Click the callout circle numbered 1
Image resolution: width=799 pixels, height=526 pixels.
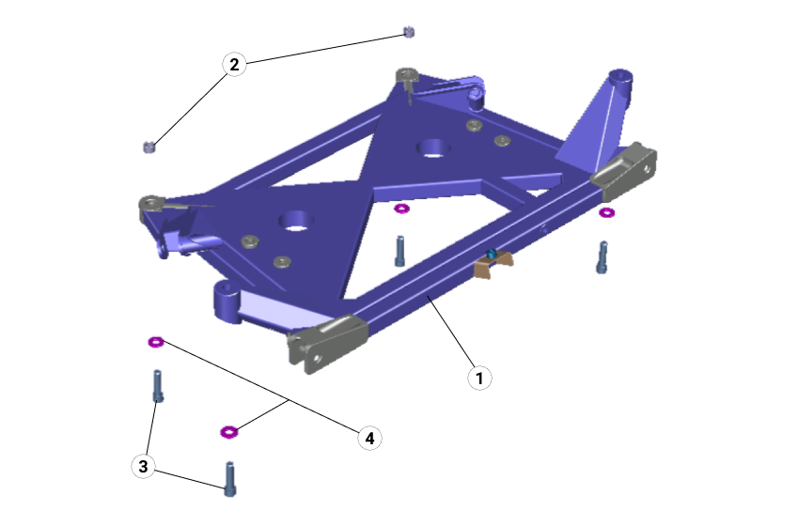479,378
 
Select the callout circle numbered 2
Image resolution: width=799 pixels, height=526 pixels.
234,64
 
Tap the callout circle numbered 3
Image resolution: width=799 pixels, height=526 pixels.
143,466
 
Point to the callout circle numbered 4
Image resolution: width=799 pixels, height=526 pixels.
369,438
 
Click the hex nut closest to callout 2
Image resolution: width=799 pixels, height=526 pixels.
148,146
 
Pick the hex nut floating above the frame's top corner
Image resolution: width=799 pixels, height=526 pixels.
408,33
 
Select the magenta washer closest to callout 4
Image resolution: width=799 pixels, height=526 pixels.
227,432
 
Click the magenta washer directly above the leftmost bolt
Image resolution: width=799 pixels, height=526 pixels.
156,342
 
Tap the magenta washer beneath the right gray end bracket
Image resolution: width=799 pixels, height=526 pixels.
606,213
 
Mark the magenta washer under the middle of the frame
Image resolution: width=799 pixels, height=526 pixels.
401,209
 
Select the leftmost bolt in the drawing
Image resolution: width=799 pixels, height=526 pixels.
158,385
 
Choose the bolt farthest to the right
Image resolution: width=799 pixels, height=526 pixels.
602,256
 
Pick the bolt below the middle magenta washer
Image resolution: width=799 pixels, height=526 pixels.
400,250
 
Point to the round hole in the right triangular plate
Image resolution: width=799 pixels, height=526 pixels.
432,147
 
